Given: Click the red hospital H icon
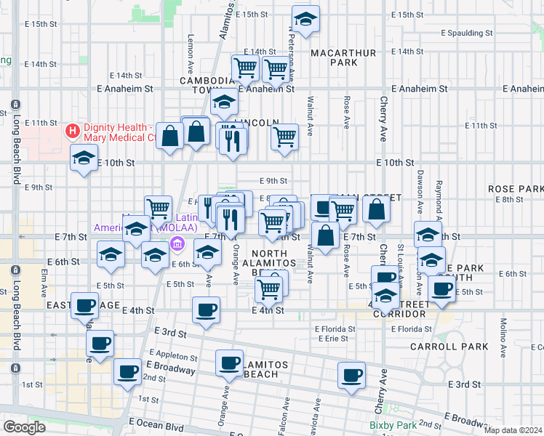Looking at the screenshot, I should pos(72,132).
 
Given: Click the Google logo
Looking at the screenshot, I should pos(24,427).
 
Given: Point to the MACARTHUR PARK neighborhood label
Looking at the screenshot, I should pos(333,57).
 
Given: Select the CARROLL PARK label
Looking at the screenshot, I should pos(459,347).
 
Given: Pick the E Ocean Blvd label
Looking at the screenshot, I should pos(156,421).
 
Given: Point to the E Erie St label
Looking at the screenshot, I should pos(335,339).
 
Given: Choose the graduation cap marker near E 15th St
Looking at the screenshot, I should pos(305,20).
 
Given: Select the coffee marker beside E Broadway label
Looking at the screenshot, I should pos(129,372).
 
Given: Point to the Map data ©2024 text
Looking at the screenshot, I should pos(513,430).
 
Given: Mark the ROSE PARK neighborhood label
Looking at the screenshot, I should pos(516,188).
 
